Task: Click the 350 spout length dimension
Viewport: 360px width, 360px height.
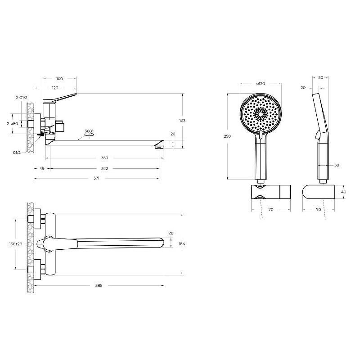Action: click(x=104, y=158)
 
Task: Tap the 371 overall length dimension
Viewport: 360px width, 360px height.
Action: click(x=97, y=178)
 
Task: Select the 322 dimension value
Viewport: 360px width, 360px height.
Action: click(x=104, y=168)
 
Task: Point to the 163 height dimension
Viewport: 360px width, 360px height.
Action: click(x=182, y=121)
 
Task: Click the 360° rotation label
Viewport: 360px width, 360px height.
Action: click(x=89, y=131)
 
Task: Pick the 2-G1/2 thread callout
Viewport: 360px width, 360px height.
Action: click(x=22, y=98)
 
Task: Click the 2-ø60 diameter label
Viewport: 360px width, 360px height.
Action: click(x=13, y=124)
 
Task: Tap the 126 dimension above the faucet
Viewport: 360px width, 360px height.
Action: click(x=55, y=88)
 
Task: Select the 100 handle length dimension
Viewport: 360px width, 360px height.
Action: click(x=59, y=79)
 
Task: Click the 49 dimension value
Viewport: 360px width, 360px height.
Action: click(x=42, y=168)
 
